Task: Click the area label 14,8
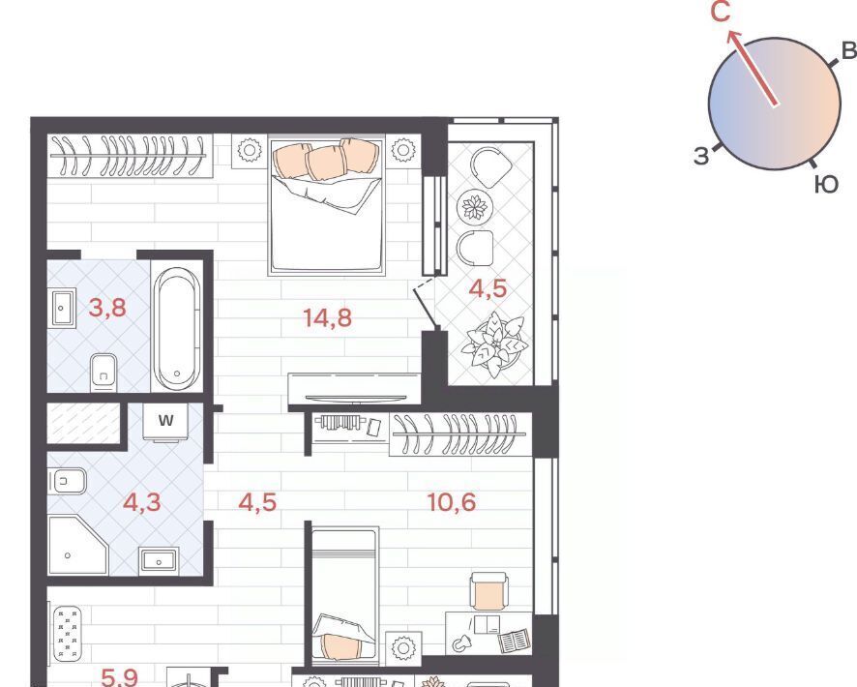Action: pos(327,317)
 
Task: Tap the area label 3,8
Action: pos(107,308)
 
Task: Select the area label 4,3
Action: pos(141,502)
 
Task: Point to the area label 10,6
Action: pos(452,502)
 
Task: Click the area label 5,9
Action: pos(120,677)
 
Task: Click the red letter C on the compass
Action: pos(721,12)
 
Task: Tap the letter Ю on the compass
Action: pos(826,185)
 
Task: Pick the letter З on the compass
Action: pos(701,156)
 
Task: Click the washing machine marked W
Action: pos(166,422)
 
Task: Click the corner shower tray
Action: pos(77,545)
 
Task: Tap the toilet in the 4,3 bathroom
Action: pos(68,482)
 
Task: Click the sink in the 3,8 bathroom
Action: pos(64,309)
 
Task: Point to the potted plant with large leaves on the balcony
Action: pos(494,344)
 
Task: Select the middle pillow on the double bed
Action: pos(327,164)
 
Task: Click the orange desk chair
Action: pos(488,591)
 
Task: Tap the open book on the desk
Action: pos(514,642)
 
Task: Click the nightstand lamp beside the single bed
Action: pos(403,648)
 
